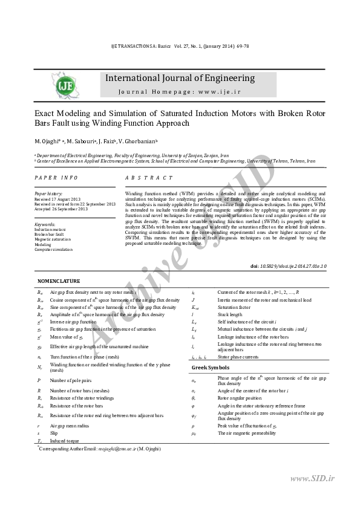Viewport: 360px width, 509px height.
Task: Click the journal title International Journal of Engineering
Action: [x=180, y=78]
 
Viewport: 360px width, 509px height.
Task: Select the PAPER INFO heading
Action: [x=56, y=178]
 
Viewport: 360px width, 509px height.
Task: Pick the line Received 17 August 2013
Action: [x=57, y=198]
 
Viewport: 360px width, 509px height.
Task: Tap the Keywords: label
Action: [x=45, y=224]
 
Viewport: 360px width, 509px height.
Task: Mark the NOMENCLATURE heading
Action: [x=59, y=282]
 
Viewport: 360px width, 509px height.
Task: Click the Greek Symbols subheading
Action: [x=211, y=367]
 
